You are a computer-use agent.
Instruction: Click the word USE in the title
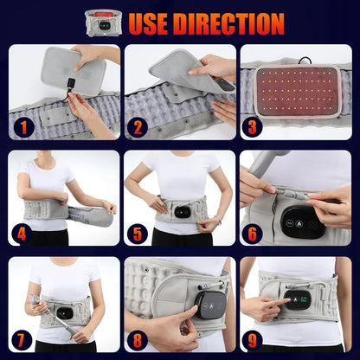[x=148, y=23]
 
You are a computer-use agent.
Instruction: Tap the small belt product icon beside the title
[x=104, y=23]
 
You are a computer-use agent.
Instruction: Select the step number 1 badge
[x=23, y=127]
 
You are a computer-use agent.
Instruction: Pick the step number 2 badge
[x=138, y=127]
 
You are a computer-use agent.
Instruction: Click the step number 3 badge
[x=252, y=127]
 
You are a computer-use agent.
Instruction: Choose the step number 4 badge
[x=22, y=235]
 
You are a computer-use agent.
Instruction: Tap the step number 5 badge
[x=138, y=235]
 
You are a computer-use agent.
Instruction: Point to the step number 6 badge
[x=252, y=235]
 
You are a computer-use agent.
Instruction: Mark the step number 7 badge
[x=21, y=340]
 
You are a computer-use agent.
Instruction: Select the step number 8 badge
[x=138, y=340]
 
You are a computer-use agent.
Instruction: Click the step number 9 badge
[x=252, y=340]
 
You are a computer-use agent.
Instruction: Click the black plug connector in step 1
[x=71, y=83]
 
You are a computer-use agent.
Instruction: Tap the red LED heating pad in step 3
[x=298, y=91]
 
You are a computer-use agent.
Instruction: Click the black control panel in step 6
[x=303, y=222]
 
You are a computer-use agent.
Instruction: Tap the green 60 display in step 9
[x=304, y=299]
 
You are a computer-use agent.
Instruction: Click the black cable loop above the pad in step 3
[x=305, y=61]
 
